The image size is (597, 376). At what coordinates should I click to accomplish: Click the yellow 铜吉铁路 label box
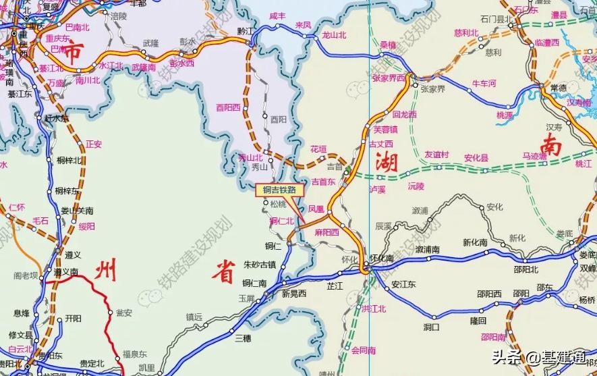pyautogui.click(x=275, y=190)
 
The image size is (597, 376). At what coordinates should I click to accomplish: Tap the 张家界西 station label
pyautogui.click(x=389, y=78)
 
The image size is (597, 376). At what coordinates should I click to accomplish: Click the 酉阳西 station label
pyautogui.click(x=229, y=106)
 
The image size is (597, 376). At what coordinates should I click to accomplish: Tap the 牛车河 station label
pyautogui.click(x=484, y=84)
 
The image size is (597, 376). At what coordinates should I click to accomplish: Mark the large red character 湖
pyautogui.click(x=387, y=162)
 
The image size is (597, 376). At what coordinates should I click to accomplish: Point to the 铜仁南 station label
pyautogui.click(x=255, y=283)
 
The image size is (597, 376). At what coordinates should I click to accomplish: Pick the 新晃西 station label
pyautogui.click(x=294, y=293)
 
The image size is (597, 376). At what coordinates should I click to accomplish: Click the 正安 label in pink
pyautogui.click(x=94, y=144)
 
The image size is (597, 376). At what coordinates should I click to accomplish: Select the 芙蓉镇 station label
pyautogui.click(x=386, y=129)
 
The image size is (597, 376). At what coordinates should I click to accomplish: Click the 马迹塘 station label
pyautogui.click(x=534, y=155)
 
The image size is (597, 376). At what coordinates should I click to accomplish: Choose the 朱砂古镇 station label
pyautogui.click(x=260, y=264)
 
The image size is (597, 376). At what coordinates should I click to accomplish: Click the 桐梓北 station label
pyautogui.click(x=69, y=160)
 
